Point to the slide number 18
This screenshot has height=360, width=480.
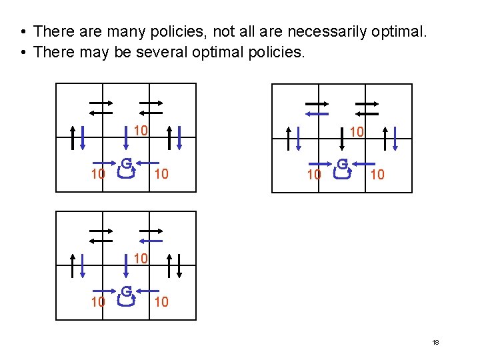[435, 342]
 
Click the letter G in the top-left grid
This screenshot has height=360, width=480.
[126, 162]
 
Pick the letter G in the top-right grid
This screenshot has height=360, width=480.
[342, 163]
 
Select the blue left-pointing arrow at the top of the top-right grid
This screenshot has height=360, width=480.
[317, 113]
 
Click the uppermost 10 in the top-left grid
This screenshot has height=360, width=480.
[140, 130]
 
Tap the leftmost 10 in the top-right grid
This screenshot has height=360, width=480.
[314, 175]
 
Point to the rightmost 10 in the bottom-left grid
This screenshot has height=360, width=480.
[161, 302]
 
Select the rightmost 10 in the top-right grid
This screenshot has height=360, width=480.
[377, 175]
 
